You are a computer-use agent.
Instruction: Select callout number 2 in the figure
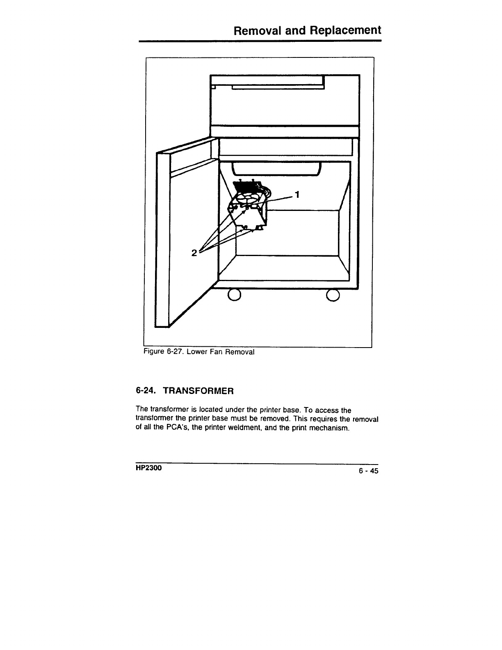[x=194, y=252]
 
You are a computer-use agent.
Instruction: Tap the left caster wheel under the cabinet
[x=234, y=295]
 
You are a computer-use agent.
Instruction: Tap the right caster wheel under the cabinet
[x=333, y=295]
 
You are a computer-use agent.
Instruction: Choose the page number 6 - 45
[x=367, y=471]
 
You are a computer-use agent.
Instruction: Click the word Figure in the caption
[x=153, y=352]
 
